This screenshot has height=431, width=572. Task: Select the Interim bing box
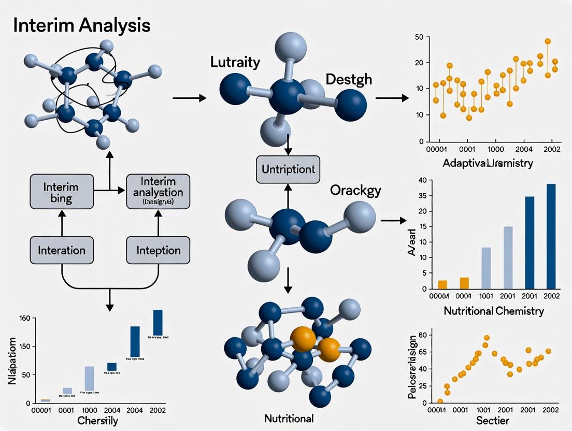coord(62,191)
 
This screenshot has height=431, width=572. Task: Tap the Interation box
coord(62,250)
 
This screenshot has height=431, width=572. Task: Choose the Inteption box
coord(158,250)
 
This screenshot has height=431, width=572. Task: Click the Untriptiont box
coord(289,169)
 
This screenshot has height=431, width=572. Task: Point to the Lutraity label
coord(235,63)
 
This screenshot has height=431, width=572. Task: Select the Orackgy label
coord(355,190)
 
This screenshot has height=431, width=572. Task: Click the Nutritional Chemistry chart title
coord(494,311)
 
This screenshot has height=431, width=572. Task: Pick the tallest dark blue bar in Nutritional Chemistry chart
coord(550,236)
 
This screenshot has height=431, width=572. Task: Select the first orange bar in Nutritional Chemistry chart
coord(442,284)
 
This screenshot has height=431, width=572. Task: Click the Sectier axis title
coord(492,420)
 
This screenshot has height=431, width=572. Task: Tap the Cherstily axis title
coord(97,421)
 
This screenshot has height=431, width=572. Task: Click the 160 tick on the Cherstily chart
coord(24,318)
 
